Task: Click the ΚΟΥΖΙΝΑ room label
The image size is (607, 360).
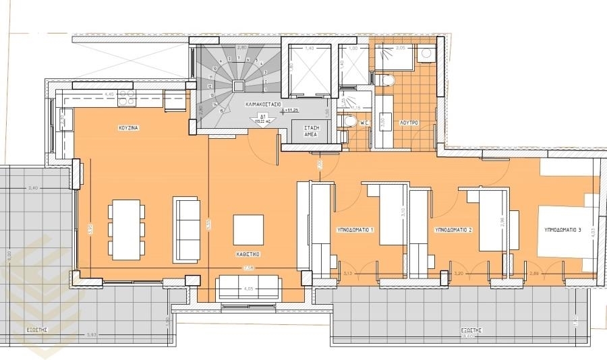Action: click(x=129, y=127)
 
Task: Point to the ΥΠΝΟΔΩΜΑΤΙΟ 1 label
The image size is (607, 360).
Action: click(x=355, y=230)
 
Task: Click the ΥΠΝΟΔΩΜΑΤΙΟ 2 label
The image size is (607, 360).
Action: click(x=453, y=230)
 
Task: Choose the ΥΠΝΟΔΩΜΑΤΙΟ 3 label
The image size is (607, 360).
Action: click(x=562, y=230)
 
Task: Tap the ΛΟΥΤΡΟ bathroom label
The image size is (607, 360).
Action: click(x=409, y=123)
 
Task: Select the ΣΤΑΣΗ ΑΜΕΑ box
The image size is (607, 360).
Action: click(x=311, y=131)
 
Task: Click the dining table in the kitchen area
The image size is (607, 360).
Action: click(x=126, y=229)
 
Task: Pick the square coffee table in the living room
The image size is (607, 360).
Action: click(x=248, y=229)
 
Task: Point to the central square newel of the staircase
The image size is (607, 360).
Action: click(x=239, y=85)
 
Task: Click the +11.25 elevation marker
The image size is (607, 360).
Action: click(x=291, y=110)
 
